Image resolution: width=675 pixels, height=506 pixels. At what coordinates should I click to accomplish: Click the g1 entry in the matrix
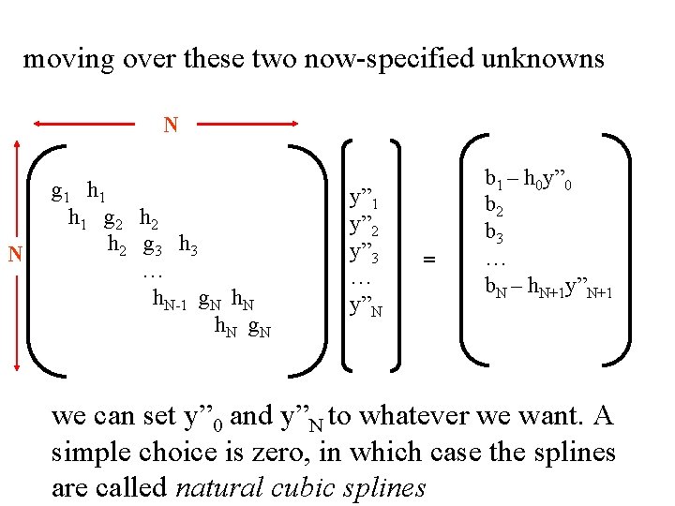(x=61, y=193)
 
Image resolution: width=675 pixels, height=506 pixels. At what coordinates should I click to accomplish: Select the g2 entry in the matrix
(x=115, y=220)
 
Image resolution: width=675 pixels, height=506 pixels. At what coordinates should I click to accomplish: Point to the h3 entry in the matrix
(x=188, y=246)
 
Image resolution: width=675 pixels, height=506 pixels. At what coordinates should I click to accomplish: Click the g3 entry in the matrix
(x=155, y=246)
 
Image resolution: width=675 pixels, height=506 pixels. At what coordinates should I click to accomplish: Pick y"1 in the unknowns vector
(x=364, y=199)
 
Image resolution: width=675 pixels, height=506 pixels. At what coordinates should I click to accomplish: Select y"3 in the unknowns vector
(x=364, y=253)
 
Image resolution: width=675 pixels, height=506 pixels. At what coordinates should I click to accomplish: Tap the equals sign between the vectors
(x=430, y=259)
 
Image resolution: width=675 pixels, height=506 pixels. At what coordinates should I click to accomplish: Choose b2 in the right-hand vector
(x=494, y=204)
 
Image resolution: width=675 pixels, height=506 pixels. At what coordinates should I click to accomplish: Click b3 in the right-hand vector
(x=494, y=232)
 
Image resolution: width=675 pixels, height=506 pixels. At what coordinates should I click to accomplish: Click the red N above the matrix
(x=171, y=125)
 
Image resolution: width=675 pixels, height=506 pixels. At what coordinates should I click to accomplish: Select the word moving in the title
(x=63, y=60)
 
